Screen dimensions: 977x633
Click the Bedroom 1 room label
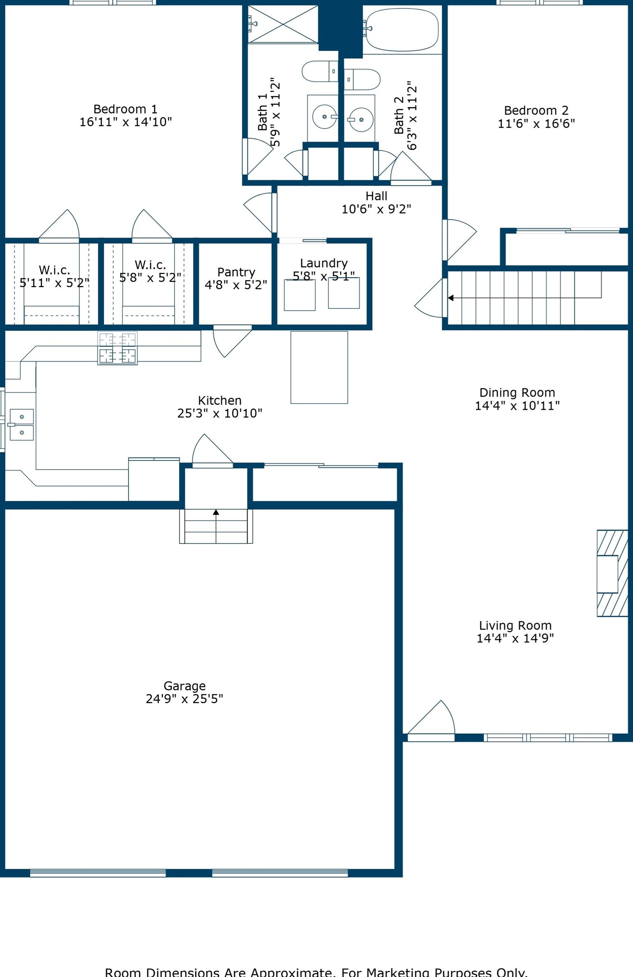pyautogui.click(x=125, y=110)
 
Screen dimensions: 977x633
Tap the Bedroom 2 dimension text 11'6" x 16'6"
pyautogui.click(x=536, y=123)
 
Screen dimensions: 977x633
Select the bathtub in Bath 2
pyautogui.click(x=402, y=30)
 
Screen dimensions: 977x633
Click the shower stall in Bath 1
pyautogui.click(x=283, y=24)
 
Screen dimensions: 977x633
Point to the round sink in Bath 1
pyautogui.click(x=324, y=117)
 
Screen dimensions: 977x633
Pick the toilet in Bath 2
pyautogui.click(x=362, y=79)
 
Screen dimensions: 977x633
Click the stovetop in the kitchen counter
pyautogui.click(x=117, y=348)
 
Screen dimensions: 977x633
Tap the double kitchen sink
pyautogui.click(x=22, y=425)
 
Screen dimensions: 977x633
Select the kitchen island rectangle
pyautogui.click(x=319, y=367)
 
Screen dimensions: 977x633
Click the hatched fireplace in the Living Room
pyautogui.click(x=612, y=573)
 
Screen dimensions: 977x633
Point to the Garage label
pyautogui.click(x=184, y=686)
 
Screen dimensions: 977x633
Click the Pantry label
pyautogui.click(x=236, y=272)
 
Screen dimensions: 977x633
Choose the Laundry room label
pyautogui.click(x=324, y=263)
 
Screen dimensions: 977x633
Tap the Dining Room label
pyautogui.click(x=517, y=393)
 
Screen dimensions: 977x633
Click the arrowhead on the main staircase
pyautogui.click(x=450, y=298)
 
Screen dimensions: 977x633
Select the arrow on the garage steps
pyautogui.click(x=216, y=512)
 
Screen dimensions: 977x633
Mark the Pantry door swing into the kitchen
pyautogui.click(x=231, y=341)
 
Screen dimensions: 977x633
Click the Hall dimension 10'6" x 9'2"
pyautogui.click(x=376, y=209)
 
